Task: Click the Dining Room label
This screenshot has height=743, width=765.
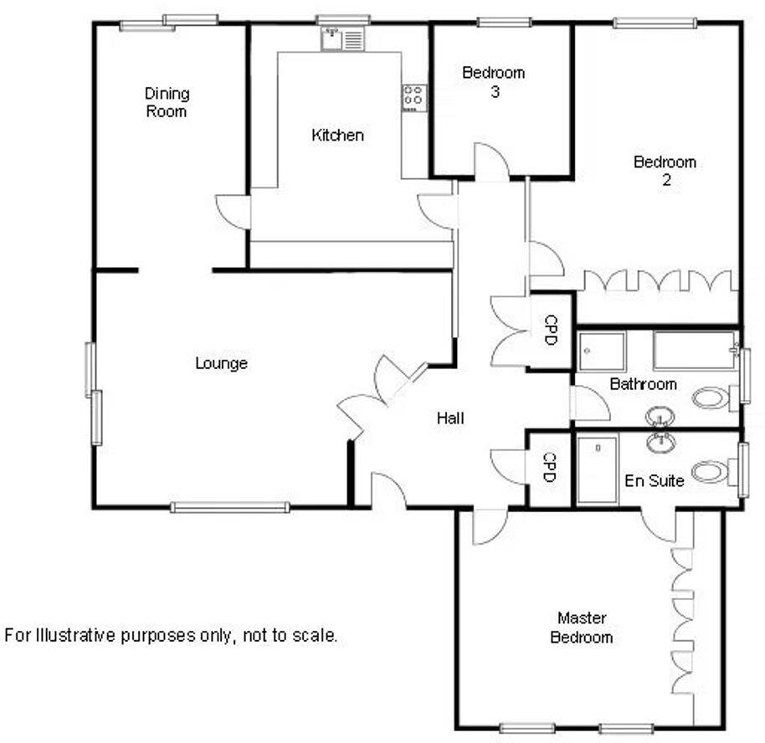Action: click(x=167, y=102)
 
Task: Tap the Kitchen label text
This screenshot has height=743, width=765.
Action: click(x=337, y=135)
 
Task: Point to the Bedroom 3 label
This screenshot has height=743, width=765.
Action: click(x=494, y=82)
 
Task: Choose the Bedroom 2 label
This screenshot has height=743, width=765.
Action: click(x=665, y=171)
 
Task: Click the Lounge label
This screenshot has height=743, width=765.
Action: click(x=221, y=363)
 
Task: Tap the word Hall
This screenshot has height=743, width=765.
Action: click(x=450, y=418)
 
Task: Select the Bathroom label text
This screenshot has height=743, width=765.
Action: click(x=643, y=385)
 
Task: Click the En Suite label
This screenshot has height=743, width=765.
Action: click(x=655, y=481)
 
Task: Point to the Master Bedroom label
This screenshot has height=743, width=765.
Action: click(x=582, y=628)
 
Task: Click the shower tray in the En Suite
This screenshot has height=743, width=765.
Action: click(x=598, y=469)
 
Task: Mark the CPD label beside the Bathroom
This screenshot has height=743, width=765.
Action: click(x=551, y=331)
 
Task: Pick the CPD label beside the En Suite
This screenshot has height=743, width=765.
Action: click(x=549, y=467)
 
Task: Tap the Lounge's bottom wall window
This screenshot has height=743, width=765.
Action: click(x=230, y=507)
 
